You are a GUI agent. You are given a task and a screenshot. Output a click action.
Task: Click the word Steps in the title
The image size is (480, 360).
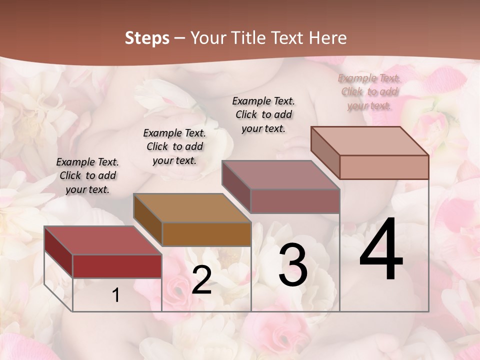tap(147, 38)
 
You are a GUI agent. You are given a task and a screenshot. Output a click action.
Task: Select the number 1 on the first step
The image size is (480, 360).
tap(116, 295)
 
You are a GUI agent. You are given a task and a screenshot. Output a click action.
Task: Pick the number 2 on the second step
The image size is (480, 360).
tap(201, 280)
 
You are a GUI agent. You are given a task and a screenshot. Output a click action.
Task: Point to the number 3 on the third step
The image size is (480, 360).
tap(293, 265)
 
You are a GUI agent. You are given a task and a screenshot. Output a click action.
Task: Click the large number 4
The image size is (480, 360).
tap(381, 250)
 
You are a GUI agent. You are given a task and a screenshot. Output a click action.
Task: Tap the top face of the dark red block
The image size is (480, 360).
tap(102, 240)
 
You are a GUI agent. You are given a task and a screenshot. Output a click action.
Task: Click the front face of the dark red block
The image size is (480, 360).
tap(117, 266)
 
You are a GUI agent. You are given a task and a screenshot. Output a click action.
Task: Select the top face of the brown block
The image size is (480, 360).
tap(192, 207)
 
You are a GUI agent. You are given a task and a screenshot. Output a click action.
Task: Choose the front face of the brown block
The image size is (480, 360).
tap(206, 234)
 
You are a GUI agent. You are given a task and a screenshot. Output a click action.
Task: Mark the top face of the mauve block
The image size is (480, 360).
tap(281, 175)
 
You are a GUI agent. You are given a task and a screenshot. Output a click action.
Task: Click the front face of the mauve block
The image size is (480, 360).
tap(295, 201)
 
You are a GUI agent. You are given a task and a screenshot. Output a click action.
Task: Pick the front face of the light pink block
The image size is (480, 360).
tap(384, 167)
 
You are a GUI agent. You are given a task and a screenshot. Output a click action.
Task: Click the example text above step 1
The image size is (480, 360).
tap(87, 175)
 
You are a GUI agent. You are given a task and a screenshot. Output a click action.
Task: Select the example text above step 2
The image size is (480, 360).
tap(174, 146)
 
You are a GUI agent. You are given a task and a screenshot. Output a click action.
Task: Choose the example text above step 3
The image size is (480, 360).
tap(263, 114)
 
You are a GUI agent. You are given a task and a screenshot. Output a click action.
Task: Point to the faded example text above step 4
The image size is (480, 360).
tap(369, 91)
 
